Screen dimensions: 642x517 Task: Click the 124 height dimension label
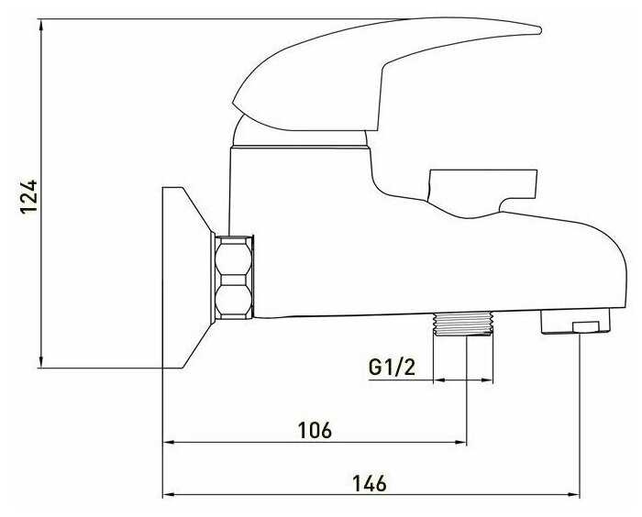(x=29, y=196)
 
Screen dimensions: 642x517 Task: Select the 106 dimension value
(x=315, y=430)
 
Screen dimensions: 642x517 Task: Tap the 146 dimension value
(x=370, y=483)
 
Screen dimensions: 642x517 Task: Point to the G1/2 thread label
(x=392, y=367)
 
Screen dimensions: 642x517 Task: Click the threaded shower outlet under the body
(x=463, y=324)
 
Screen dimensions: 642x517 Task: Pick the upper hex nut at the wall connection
(x=233, y=257)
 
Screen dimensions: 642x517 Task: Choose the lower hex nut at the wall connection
(x=233, y=300)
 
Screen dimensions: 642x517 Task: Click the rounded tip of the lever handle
(x=538, y=30)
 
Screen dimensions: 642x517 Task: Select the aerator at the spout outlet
(x=575, y=322)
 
